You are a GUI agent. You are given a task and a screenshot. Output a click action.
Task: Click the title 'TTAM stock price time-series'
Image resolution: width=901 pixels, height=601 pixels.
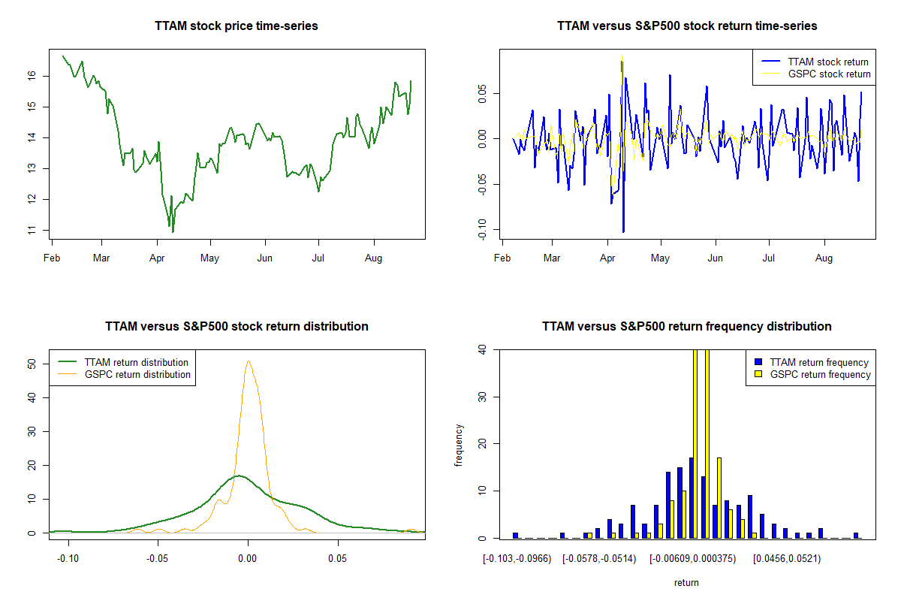(x=237, y=26)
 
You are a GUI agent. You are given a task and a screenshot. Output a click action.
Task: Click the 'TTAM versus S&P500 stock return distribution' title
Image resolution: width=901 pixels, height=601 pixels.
(x=237, y=327)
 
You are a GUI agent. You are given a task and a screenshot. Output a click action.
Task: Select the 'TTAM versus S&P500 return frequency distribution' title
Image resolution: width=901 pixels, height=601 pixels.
(x=687, y=327)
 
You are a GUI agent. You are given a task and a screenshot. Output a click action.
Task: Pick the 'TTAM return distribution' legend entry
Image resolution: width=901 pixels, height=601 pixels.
(x=137, y=363)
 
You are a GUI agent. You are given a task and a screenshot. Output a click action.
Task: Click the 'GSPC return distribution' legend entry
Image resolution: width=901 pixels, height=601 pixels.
(x=137, y=375)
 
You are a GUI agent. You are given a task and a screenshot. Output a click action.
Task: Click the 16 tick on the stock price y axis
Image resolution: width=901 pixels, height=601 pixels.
(x=32, y=75)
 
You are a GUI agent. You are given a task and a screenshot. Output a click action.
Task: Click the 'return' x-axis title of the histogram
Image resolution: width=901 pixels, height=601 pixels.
(x=686, y=583)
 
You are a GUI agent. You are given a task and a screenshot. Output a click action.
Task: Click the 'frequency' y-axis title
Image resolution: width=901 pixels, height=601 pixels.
(x=459, y=445)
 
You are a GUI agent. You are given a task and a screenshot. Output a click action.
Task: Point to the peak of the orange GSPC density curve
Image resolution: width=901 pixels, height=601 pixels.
(x=248, y=361)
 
